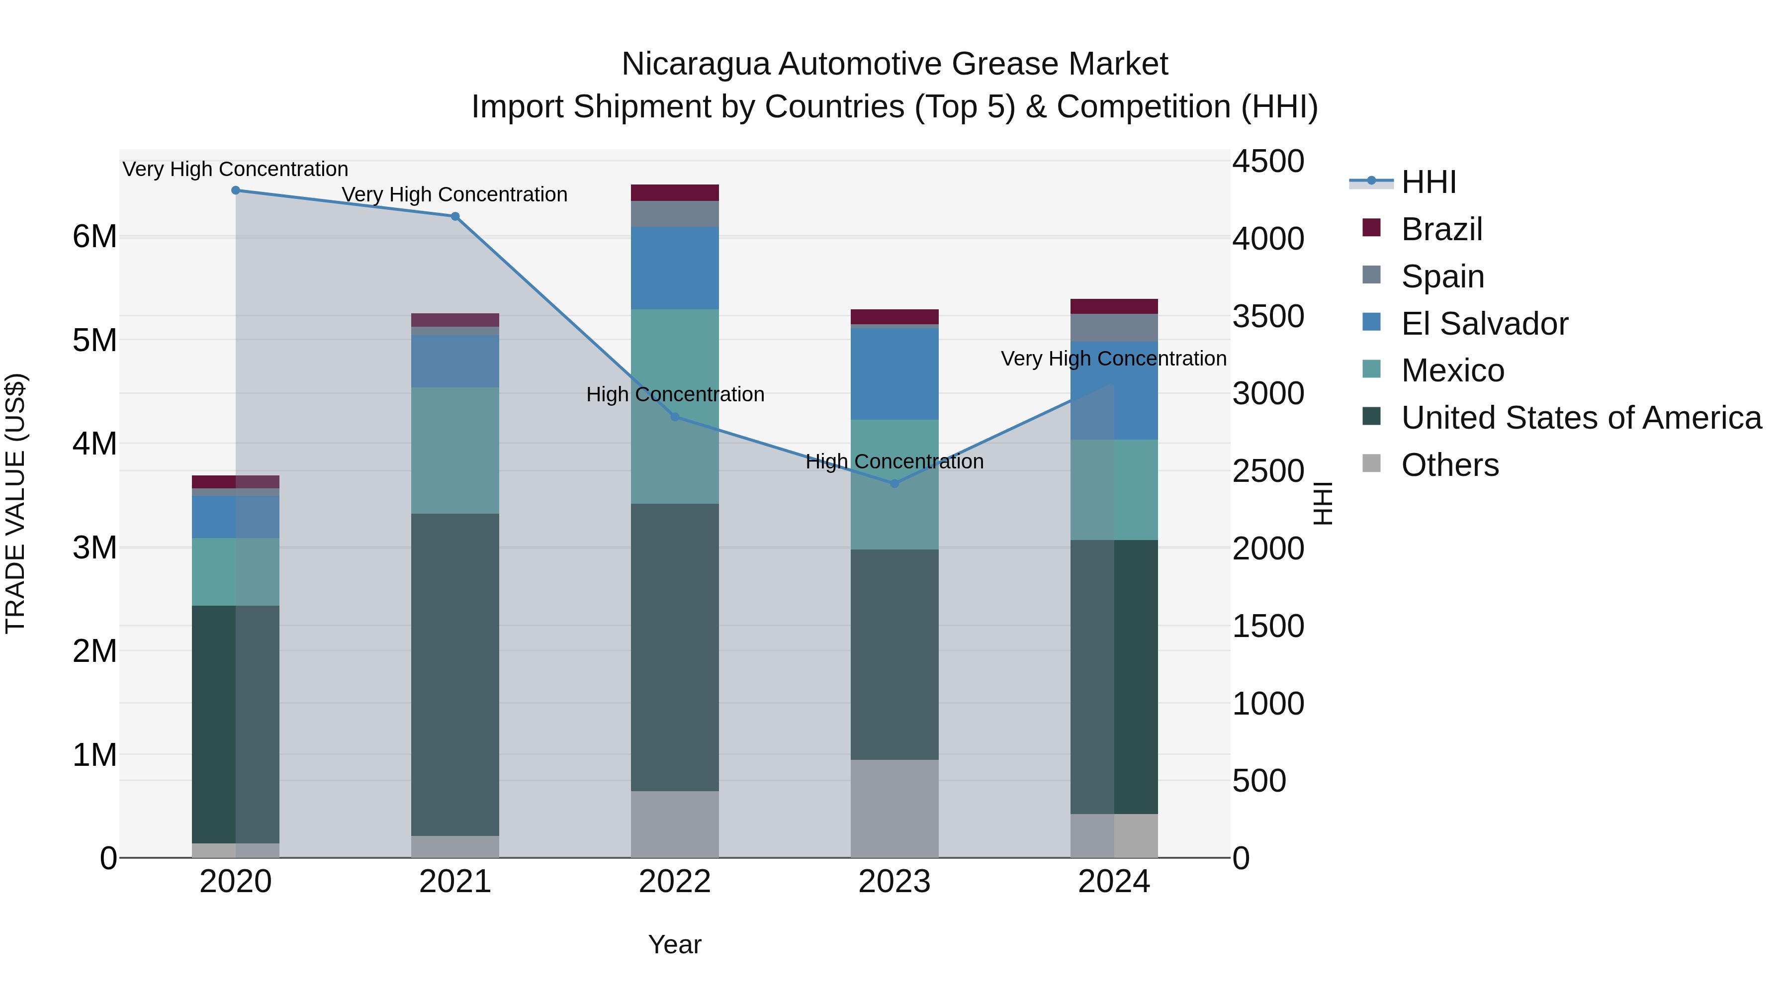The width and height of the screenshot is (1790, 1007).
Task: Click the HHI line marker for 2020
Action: click(236, 190)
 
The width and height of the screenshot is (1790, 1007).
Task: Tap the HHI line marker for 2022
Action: click(675, 417)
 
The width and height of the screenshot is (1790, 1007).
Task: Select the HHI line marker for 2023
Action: click(895, 484)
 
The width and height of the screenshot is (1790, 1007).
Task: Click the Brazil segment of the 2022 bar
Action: click(675, 192)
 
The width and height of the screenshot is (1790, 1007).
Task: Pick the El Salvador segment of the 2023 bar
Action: click(895, 373)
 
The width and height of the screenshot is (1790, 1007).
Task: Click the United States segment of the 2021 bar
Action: click(455, 674)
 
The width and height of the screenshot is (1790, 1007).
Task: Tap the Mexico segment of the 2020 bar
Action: click(236, 571)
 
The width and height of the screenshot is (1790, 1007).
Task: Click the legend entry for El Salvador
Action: click(1484, 324)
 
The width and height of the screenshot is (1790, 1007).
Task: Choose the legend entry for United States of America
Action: click(1580, 418)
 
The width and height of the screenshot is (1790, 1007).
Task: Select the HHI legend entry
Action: click(1428, 182)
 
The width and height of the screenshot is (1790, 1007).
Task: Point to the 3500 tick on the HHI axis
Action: click(1268, 316)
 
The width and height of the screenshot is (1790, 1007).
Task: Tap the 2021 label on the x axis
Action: click(455, 882)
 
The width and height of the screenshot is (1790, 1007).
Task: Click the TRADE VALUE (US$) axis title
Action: click(15, 503)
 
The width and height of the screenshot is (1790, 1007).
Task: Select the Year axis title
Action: click(675, 944)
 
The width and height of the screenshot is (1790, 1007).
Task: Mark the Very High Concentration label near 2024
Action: click(1113, 359)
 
